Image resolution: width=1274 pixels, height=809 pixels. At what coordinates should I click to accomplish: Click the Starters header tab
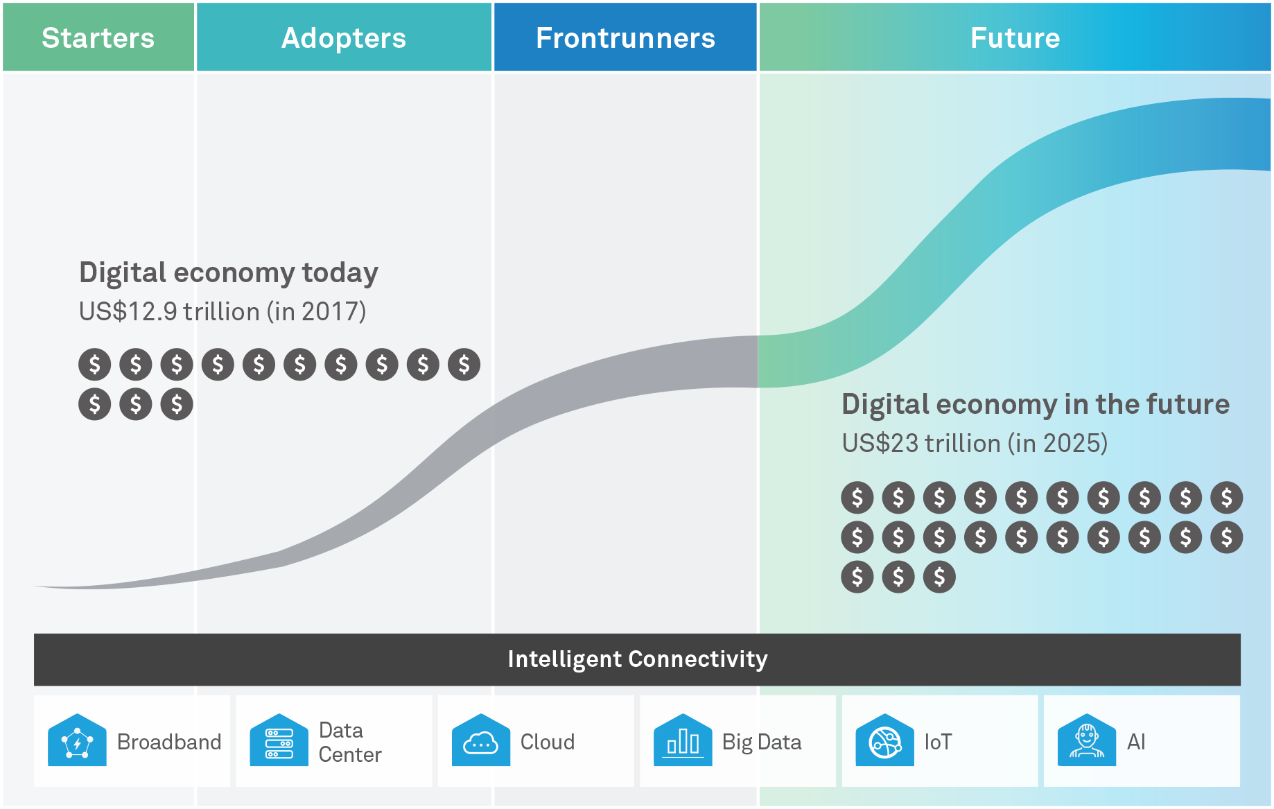[x=98, y=37]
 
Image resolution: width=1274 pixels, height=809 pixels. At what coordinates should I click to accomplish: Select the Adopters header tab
[x=344, y=37]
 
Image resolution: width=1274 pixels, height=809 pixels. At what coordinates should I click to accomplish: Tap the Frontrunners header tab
[x=625, y=37]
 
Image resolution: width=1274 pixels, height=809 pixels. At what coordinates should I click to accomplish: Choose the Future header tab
[x=1015, y=37]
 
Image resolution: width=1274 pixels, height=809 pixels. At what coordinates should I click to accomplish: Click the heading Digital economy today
[x=229, y=273]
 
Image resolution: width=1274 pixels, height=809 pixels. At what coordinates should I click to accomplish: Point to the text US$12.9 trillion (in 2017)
[x=222, y=311]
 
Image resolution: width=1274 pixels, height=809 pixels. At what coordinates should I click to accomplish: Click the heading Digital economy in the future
[x=1036, y=404]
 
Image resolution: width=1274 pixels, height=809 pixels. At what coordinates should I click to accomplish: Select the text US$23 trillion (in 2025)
[x=975, y=443]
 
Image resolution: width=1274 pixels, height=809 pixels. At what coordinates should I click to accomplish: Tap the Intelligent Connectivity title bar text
[x=638, y=659]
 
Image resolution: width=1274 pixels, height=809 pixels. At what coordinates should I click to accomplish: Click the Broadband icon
[x=77, y=740]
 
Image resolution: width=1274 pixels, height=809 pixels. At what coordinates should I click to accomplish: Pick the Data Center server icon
[x=279, y=740]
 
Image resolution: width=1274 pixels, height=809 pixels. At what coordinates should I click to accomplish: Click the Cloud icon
[x=481, y=740]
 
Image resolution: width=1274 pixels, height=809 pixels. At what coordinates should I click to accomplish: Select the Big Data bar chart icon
[x=683, y=740]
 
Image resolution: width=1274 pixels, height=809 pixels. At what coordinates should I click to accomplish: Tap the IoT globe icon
[x=885, y=740]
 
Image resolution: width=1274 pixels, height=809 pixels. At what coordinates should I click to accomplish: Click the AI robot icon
[x=1087, y=740]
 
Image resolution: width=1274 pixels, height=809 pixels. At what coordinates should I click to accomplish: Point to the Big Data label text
[x=762, y=742]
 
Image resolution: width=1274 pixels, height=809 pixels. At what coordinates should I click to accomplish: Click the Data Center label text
[x=350, y=742]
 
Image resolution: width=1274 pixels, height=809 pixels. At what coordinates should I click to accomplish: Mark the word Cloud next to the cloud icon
[x=548, y=742]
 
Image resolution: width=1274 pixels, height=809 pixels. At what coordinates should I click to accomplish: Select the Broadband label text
[x=169, y=742]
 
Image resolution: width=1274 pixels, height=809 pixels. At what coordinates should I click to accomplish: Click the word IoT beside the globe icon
[x=938, y=742]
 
